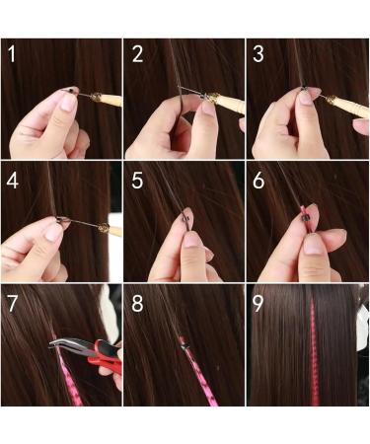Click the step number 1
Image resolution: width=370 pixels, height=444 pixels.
(13, 55)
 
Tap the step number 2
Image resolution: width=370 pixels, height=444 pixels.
(137, 55)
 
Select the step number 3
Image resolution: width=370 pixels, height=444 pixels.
(259, 55)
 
